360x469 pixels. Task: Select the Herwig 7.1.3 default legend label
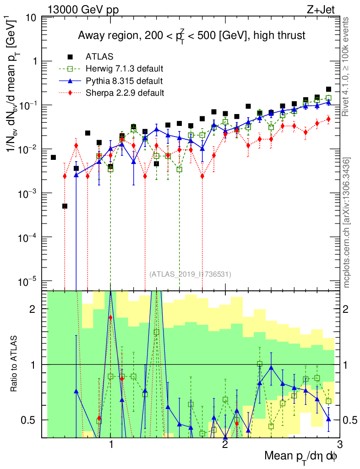tap(125, 69)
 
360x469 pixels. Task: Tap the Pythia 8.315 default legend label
tap(124, 81)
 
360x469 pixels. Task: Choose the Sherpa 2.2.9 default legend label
tap(125, 93)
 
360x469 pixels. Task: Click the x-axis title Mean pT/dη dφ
tap(301, 456)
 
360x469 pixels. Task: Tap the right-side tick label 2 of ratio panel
tap(347, 309)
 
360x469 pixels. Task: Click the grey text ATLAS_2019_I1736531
tap(190, 274)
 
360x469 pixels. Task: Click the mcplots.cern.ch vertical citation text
tap(348, 222)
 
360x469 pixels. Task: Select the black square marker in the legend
tap(71, 57)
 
